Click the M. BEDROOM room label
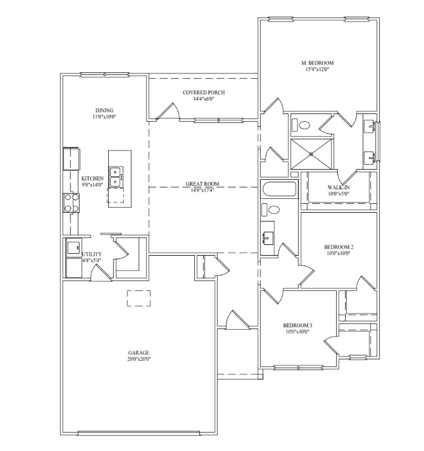[x=318, y=63]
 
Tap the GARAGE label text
[x=139, y=352]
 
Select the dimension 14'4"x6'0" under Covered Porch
[x=204, y=99]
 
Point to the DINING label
[x=104, y=111]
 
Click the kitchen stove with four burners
[x=71, y=203]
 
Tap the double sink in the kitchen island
[x=116, y=177]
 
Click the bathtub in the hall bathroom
[x=279, y=189]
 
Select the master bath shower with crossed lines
[x=312, y=154]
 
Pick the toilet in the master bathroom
[x=301, y=125]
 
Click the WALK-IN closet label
[x=338, y=188]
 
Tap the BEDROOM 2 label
[x=338, y=247]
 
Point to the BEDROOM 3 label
[x=298, y=326]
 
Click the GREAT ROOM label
[x=202, y=184]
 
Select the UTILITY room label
[x=92, y=254]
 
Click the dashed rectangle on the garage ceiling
[x=139, y=298]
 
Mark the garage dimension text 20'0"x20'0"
[x=139, y=359]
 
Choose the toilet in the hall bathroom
[x=271, y=210]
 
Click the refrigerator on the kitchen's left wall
[x=71, y=159]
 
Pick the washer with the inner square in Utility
[x=74, y=247]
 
